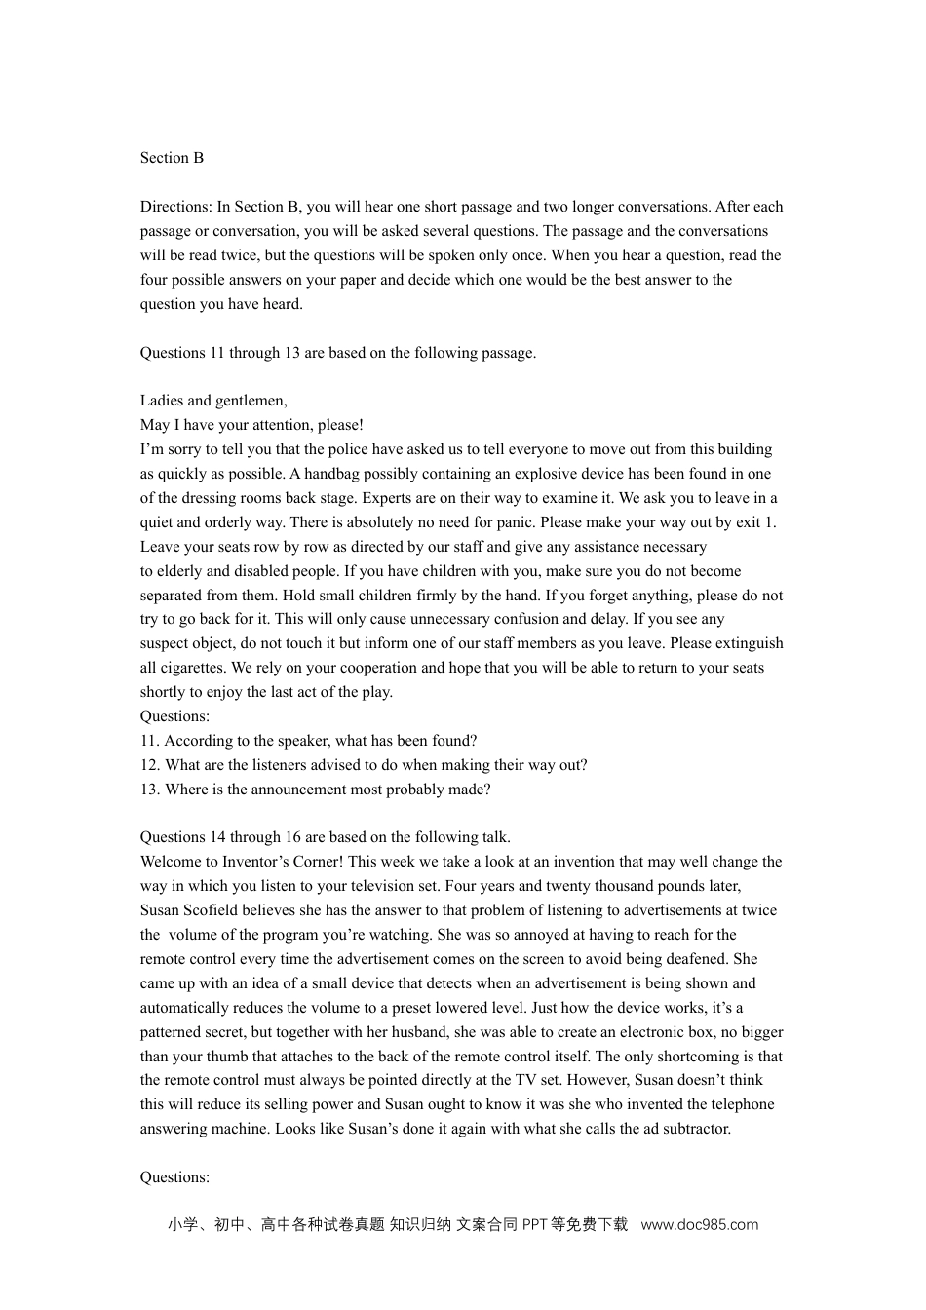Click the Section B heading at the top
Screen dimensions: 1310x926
172,158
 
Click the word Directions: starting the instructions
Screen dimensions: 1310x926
175,207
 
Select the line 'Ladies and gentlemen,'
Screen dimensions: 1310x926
213,401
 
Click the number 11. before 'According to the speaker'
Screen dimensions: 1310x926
150,741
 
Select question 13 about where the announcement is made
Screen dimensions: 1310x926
315,790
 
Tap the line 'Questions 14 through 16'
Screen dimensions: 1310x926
325,837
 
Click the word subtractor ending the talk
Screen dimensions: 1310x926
695,1129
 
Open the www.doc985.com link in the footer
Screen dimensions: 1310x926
699,1225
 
